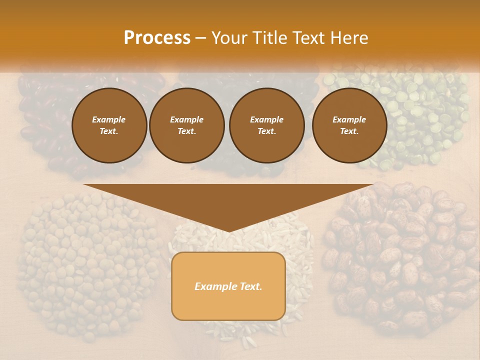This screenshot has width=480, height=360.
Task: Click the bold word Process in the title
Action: pyautogui.click(x=157, y=38)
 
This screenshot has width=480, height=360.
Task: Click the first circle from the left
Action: pyautogui.click(x=109, y=125)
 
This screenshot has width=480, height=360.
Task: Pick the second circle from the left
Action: pyautogui.click(x=187, y=125)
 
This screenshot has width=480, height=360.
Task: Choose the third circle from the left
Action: pyautogui.click(x=266, y=125)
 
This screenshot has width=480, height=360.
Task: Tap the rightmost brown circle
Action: pyautogui.click(x=349, y=125)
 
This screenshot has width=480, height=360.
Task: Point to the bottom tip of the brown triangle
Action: pyautogui.click(x=229, y=231)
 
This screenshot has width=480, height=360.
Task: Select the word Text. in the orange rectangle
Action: pyautogui.click(x=250, y=286)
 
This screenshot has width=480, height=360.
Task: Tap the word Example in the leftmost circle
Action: pyautogui.click(x=109, y=119)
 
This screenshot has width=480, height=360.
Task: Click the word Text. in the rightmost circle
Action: pyautogui.click(x=349, y=131)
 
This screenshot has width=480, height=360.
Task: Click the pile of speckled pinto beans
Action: pyautogui.click(x=400, y=260)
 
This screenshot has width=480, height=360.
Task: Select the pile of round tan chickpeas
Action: pyautogui.click(x=85, y=260)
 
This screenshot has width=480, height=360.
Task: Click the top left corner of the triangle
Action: pyautogui.click(x=84, y=184)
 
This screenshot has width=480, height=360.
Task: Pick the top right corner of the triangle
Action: pyautogui.click(x=374, y=184)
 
